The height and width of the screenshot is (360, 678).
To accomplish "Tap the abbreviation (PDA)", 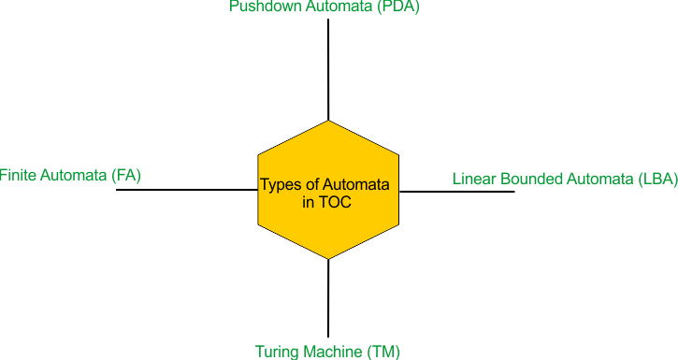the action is (398, 7).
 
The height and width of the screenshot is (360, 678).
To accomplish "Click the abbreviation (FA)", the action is (126, 176).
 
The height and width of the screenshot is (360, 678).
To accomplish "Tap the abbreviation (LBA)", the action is (657, 179).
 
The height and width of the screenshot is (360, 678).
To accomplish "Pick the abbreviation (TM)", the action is (383, 352).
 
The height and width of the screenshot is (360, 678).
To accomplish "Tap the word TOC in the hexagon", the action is (336, 202).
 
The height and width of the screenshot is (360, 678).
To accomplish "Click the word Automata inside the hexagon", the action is (355, 184).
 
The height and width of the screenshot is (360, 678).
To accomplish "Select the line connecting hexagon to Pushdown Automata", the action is (328, 69).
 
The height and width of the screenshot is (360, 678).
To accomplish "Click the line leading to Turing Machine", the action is (328, 298).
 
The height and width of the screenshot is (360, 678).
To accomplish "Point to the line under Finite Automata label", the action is (187, 190).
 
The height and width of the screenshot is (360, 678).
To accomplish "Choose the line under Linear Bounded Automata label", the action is (457, 192).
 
